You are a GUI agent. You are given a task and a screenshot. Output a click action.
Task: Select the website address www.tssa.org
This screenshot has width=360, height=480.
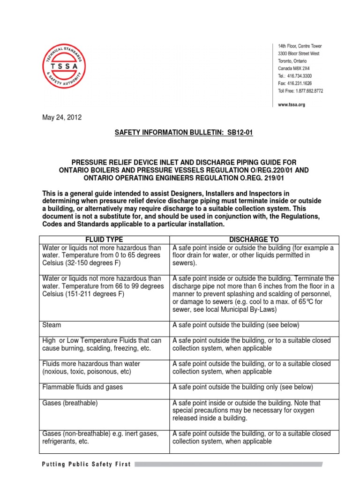[x=291, y=105]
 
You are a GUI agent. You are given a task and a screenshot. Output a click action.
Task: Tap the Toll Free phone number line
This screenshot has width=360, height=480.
[x=300, y=91]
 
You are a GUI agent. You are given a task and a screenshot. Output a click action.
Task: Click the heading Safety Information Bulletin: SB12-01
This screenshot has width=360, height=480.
[x=184, y=133]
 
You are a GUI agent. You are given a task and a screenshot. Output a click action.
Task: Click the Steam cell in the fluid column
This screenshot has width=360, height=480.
[x=52, y=324]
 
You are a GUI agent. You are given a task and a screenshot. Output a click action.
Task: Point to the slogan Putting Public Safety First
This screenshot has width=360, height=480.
[x=87, y=464]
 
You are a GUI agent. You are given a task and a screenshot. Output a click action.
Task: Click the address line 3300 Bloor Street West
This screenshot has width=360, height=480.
[x=299, y=54]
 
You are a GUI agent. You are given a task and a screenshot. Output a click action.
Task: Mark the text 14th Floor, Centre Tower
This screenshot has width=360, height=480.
[x=300, y=46]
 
